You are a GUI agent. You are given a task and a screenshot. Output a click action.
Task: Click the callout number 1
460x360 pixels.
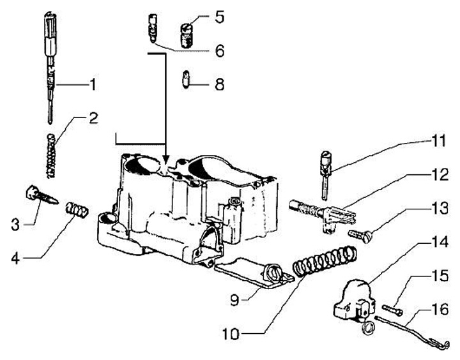click(93, 84)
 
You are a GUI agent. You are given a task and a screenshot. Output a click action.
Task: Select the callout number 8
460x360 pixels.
click(219, 84)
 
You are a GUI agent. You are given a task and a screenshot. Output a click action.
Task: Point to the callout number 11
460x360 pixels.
click(438, 140)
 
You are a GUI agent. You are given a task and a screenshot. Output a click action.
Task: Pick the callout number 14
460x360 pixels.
click(440, 242)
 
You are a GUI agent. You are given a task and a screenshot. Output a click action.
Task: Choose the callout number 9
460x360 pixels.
click(234, 299)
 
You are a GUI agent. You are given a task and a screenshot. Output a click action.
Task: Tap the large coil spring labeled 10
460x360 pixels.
click(325, 261)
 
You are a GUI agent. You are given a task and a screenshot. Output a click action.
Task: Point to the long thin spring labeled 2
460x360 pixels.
click(51, 156)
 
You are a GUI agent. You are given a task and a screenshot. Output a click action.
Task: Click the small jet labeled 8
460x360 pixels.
click(186, 80)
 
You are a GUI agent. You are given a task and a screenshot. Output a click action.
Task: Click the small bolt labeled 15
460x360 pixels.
click(392, 310)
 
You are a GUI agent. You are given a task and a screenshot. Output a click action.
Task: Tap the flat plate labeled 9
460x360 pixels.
click(254, 272)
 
